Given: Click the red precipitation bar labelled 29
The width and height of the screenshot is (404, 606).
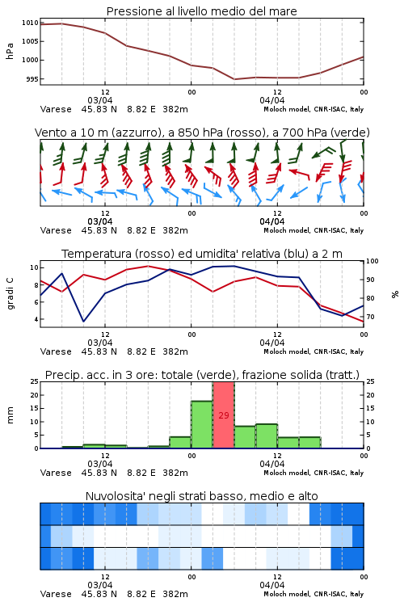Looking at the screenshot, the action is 224,415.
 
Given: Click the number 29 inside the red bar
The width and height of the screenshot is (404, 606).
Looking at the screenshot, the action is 224,415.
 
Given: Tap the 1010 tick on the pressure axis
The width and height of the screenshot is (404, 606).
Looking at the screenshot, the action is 30,23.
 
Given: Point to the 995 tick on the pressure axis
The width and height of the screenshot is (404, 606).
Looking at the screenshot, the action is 32,79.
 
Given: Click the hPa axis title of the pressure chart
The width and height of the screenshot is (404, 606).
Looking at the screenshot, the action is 10,51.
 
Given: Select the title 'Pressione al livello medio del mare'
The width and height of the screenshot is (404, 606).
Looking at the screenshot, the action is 202,11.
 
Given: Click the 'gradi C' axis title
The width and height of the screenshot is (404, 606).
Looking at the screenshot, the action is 10,293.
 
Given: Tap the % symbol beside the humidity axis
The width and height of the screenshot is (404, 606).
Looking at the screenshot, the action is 395,294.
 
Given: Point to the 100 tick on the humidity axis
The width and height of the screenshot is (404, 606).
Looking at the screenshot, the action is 372,261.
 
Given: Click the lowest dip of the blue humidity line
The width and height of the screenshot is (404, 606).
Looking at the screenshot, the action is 83,321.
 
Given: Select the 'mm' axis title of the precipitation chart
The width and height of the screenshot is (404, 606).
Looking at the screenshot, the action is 10,415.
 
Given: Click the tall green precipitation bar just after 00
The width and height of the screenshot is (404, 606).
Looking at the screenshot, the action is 202,424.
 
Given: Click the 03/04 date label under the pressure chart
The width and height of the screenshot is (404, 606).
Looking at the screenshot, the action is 100,100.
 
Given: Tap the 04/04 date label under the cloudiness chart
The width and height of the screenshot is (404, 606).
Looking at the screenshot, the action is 272,585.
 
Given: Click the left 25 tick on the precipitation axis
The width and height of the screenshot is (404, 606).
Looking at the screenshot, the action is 35,381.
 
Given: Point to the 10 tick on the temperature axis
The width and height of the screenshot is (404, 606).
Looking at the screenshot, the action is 34,267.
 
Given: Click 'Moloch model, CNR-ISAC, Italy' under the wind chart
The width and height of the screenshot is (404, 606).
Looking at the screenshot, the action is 314,230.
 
